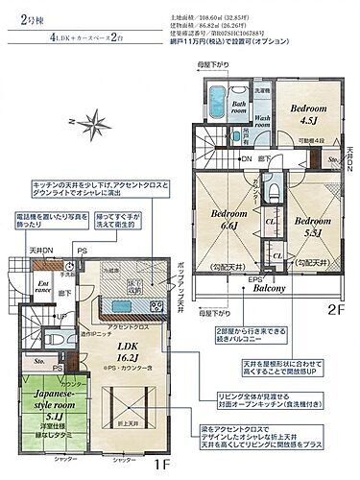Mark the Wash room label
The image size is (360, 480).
(x=254, y=122)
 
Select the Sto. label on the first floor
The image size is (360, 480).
(x=39, y=361)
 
